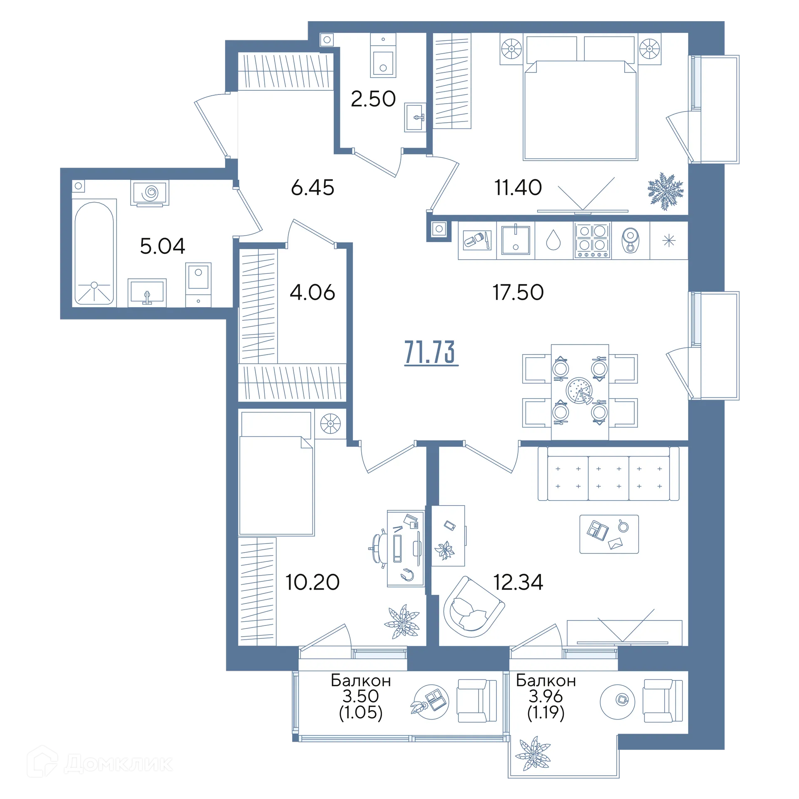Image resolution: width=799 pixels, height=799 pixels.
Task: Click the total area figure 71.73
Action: coord(431,352)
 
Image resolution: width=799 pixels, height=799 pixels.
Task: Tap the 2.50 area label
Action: coord(373,99)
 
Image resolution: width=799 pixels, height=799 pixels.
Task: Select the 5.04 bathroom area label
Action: coord(162,246)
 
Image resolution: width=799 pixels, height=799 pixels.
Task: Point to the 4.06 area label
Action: coord(312,292)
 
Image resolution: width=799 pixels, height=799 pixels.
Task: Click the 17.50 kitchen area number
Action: coord(518,292)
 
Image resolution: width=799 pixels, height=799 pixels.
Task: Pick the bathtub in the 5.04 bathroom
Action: coord(94,253)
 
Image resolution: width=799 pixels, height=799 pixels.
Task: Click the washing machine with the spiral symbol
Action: coord(150,193)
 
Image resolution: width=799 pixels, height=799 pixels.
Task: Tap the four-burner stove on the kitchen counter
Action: coord(592,241)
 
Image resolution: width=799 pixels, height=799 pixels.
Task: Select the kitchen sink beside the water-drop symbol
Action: coord(516,240)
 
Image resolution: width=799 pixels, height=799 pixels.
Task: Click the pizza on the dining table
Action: coord(579,390)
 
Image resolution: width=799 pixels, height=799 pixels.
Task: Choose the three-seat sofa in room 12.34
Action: coord(608,474)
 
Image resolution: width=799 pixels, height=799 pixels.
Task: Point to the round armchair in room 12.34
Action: coord(474,608)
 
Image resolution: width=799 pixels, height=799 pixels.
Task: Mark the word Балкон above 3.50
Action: coord(361,680)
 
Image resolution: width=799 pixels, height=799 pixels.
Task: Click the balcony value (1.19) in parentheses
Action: coord(546,713)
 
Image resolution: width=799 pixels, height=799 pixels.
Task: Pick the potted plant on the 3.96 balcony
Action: coord(533,754)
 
